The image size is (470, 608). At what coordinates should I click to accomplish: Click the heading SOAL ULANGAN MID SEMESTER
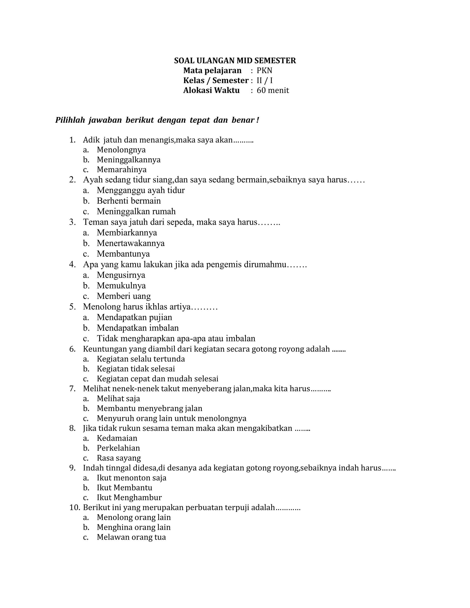(235, 61)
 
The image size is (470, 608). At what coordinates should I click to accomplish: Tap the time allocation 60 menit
(273, 90)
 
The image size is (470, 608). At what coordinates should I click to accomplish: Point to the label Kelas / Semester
(215, 81)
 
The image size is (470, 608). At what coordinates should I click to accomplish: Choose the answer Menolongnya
(121, 150)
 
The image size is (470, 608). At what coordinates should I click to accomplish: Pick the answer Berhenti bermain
(129, 201)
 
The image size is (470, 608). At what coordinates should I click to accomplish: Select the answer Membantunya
(123, 254)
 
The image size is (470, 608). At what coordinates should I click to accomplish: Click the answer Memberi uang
(124, 296)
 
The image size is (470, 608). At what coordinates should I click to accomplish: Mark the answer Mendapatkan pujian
(134, 317)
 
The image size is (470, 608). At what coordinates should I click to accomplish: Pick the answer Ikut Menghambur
(129, 497)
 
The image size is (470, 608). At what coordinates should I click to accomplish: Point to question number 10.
(75, 508)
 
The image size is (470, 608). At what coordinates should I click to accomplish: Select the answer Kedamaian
(117, 438)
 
